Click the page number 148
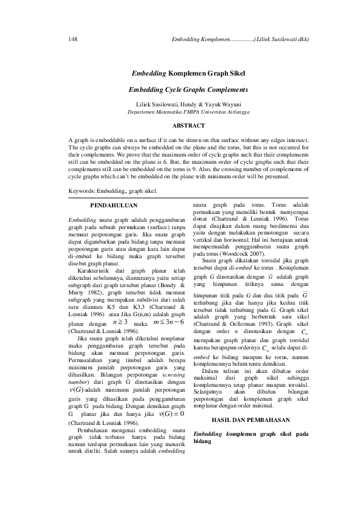point(73,39)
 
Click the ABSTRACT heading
point(180,126)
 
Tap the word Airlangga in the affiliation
point(220,112)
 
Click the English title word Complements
point(221,89)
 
